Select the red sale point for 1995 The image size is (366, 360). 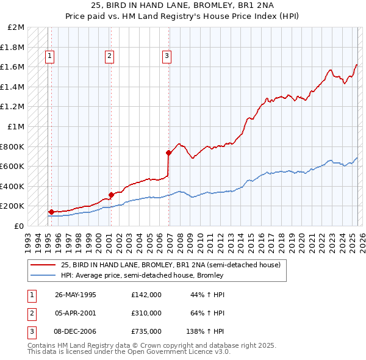pos(51,212)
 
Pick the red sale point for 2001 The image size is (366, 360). pos(110,195)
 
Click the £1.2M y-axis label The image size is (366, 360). pos(13,107)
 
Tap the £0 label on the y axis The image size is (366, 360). pos(19,226)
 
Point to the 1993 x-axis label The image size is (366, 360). pos(28,240)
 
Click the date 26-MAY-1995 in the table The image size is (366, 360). pos(76,295)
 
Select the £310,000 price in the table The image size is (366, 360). pos(146,313)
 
